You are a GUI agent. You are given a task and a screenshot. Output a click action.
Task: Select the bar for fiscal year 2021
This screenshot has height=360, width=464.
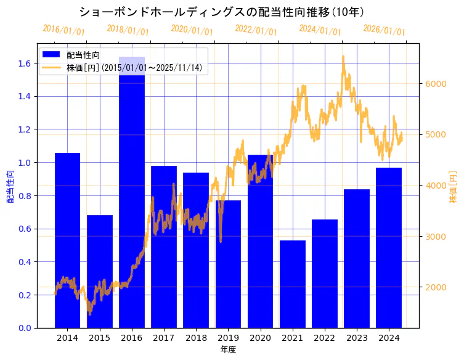[x=293, y=284]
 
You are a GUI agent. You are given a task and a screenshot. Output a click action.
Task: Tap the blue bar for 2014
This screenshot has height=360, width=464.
[x=67, y=240]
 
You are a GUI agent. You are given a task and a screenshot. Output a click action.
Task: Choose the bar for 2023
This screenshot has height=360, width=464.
[x=357, y=258]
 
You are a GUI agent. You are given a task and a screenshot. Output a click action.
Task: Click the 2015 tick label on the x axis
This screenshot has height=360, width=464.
[x=99, y=338]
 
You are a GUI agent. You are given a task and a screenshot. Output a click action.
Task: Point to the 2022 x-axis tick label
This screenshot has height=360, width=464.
[x=325, y=338]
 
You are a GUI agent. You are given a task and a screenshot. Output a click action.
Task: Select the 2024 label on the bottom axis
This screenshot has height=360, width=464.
[x=389, y=338]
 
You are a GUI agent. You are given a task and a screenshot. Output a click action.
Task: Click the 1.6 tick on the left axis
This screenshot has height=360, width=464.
[x=25, y=63]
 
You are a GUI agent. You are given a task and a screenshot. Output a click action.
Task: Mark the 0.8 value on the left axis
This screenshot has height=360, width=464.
[x=25, y=196]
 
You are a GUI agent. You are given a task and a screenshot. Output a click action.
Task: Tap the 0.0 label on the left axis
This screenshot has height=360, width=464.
[x=25, y=328]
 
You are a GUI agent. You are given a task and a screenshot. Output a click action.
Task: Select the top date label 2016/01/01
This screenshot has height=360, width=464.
[x=64, y=30]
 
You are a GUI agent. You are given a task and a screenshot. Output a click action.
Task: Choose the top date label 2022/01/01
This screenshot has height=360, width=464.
[x=256, y=30]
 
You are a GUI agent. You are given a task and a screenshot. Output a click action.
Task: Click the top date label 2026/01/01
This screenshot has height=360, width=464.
[x=385, y=30]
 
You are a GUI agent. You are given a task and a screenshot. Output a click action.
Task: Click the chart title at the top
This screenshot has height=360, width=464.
[x=222, y=12]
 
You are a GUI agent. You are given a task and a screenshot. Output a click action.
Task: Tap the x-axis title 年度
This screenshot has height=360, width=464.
[x=228, y=350]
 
